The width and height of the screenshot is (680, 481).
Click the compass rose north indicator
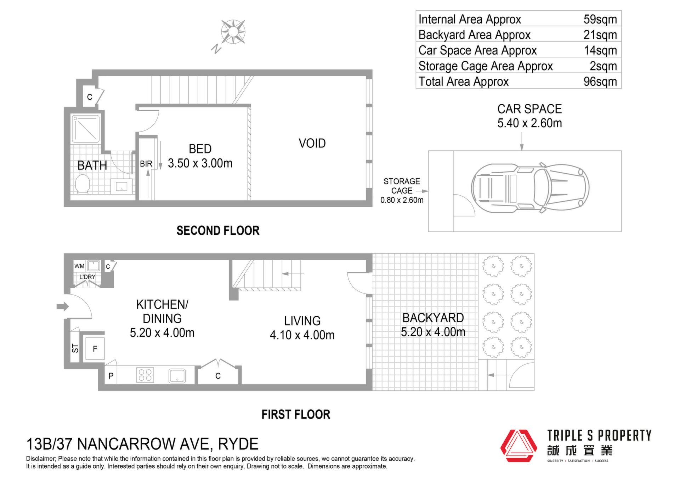(x=216, y=49)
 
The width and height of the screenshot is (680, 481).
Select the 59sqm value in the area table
(x=600, y=19)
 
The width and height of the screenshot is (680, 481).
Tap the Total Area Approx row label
(x=463, y=82)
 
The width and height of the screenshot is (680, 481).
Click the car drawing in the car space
(x=530, y=188)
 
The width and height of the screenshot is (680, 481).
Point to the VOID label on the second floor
(x=312, y=143)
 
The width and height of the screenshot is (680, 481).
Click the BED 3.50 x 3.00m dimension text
(x=200, y=163)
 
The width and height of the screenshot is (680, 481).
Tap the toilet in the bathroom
(x=83, y=184)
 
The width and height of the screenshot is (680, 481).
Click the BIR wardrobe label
(x=146, y=164)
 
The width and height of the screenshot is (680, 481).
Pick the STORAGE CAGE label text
(x=402, y=186)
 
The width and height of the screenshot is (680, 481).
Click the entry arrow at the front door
(x=63, y=306)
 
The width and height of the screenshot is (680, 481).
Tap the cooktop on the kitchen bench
(x=145, y=375)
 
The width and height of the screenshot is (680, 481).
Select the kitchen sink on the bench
(x=177, y=375)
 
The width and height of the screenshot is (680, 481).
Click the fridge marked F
(x=94, y=348)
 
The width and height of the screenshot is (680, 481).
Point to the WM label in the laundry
(x=79, y=266)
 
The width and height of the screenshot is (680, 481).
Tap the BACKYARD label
(x=433, y=318)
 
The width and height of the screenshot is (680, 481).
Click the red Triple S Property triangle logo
(x=518, y=446)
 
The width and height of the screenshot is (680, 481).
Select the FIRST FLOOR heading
(x=296, y=414)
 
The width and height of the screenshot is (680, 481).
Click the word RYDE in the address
(x=238, y=444)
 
